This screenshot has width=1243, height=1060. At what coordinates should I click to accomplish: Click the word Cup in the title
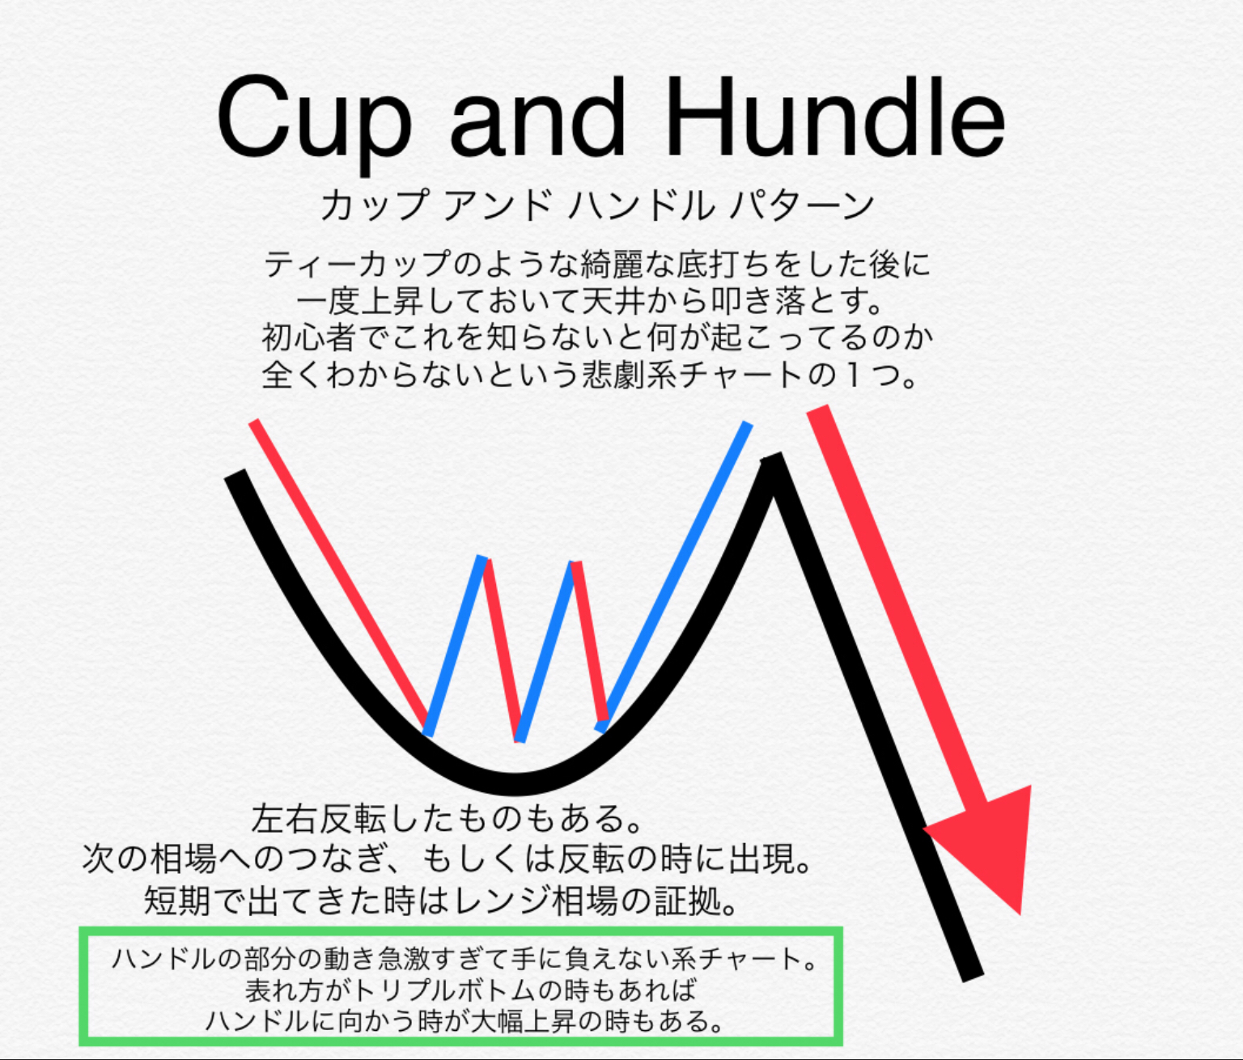312,123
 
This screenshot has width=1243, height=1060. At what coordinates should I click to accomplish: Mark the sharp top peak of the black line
773,458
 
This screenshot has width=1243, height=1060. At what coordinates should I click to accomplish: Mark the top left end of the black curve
235,473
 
